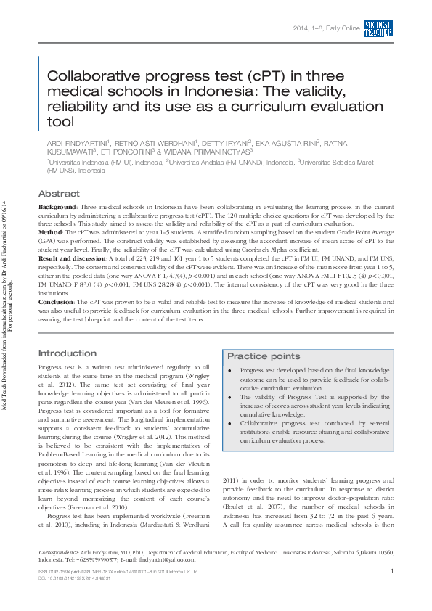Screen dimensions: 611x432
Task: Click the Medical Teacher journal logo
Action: point(378,28)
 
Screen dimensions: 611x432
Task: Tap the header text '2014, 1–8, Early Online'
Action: point(326,28)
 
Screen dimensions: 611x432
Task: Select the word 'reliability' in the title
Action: point(76,107)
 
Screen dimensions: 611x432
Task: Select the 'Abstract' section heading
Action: point(59,194)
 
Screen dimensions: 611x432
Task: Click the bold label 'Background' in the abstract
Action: point(57,208)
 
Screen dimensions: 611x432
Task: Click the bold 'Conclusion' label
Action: point(56,300)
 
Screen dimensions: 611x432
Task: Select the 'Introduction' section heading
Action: point(67,353)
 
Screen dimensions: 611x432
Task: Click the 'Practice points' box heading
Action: point(263,356)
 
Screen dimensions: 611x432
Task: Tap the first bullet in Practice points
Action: point(229,370)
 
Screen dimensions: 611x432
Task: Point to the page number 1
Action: point(391,572)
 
